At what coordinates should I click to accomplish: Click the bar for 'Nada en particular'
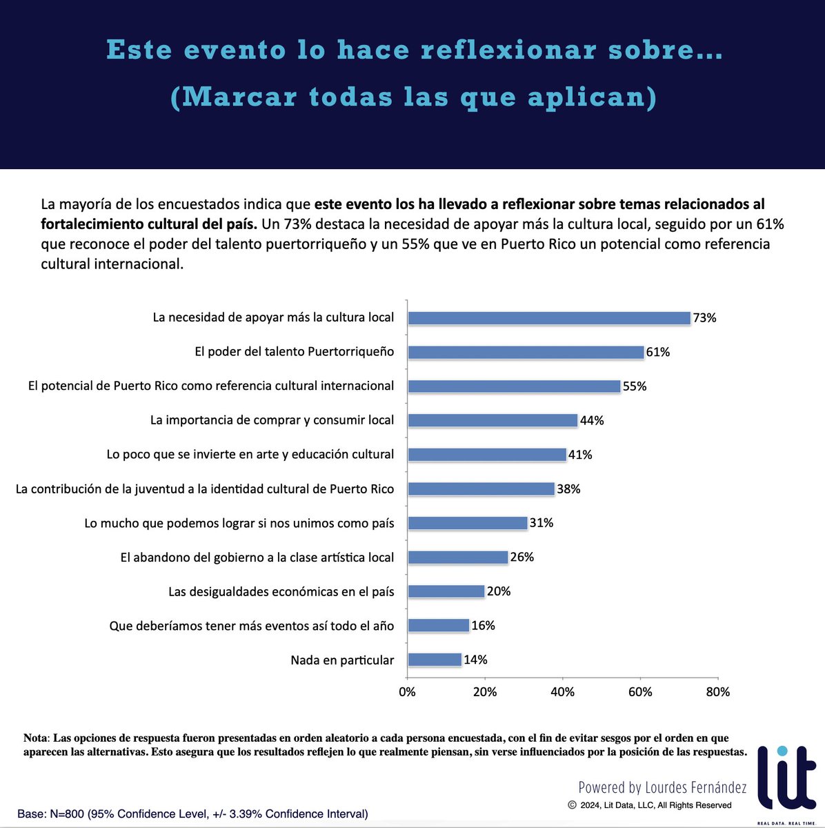coord(435,660)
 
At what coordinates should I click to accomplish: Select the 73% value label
coord(704,318)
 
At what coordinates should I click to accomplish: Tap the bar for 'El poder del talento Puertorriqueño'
coord(526,352)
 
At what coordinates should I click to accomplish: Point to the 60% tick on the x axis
coord(640,692)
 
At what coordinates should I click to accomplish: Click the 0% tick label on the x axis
coord(408,692)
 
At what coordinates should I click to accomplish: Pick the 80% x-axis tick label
coord(718,692)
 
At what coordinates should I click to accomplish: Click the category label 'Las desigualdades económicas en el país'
coord(281,591)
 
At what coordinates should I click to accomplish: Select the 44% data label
coord(592,420)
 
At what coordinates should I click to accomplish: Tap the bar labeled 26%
coord(458,557)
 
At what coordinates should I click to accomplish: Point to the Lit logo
coord(786,780)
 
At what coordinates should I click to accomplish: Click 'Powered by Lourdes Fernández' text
coord(662,787)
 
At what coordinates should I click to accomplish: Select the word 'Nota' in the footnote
coord(35,738)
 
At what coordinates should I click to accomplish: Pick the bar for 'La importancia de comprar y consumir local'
coord(493,420)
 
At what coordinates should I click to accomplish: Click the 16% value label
coord(483,626)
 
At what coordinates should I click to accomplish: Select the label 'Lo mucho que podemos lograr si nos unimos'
coord(239,523)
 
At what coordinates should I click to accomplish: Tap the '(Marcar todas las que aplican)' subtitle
coord(413,97)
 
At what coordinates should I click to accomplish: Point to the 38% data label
coord(568,489)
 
